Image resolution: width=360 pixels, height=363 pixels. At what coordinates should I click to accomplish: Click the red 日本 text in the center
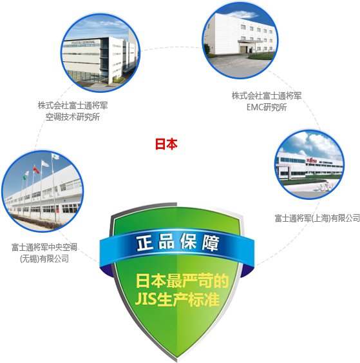166,144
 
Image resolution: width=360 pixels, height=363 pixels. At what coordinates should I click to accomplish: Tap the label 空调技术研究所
73,117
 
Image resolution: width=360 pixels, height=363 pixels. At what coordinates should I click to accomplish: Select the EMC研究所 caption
267,107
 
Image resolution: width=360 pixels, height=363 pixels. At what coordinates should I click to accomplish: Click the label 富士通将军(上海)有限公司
317,218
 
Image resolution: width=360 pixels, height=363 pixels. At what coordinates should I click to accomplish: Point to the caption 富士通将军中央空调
44,247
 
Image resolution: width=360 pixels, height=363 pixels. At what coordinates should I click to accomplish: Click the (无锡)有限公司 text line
44,259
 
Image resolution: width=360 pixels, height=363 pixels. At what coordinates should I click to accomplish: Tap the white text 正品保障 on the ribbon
178,242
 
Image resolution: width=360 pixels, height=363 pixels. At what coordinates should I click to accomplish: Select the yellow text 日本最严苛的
182,281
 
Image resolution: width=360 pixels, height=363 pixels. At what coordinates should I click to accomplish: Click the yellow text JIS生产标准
177,299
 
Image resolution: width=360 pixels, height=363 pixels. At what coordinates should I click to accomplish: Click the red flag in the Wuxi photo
36,170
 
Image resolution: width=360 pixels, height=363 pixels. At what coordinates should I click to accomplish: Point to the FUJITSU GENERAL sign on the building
83,43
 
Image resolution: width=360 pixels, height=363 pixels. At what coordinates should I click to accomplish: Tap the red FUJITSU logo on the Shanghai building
312,160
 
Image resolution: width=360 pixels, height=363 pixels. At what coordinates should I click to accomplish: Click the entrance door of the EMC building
243,49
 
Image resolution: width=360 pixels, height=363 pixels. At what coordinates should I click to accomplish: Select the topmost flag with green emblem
55,157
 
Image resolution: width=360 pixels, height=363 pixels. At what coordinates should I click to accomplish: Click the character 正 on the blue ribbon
145,243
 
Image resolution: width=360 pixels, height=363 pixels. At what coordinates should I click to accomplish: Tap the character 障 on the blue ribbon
211,243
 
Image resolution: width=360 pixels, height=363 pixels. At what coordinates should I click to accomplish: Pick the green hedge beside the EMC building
262,56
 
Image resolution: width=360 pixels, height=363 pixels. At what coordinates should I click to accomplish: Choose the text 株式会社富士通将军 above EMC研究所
267,95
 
